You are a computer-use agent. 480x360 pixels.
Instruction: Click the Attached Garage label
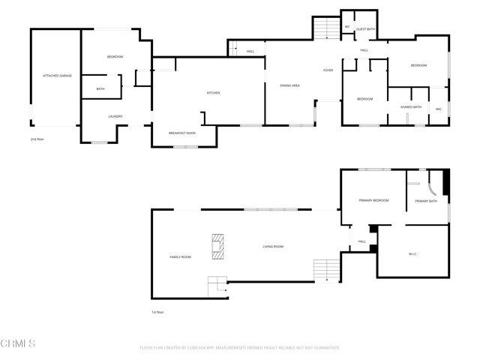57,76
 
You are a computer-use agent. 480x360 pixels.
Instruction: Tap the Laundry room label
115,116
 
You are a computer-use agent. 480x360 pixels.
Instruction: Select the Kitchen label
214,93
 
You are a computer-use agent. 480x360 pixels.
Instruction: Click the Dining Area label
290,85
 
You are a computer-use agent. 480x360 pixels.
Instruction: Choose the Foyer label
328,70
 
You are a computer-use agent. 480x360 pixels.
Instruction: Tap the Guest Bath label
366,29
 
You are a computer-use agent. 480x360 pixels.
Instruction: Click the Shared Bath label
411,107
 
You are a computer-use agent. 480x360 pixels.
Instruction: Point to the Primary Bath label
427,201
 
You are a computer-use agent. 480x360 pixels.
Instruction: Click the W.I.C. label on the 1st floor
412,254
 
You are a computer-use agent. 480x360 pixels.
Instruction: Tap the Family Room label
181,257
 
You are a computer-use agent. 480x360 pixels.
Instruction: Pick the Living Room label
273,246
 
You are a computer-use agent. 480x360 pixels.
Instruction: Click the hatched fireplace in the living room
217,247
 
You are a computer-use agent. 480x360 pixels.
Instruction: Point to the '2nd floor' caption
37,139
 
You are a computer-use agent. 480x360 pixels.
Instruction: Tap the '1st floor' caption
157,312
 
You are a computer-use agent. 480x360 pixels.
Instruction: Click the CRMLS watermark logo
18,344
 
